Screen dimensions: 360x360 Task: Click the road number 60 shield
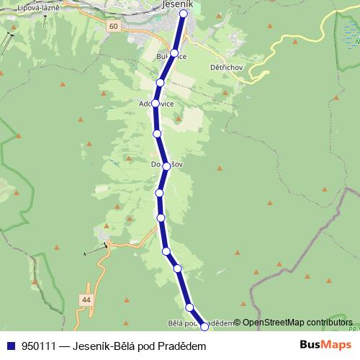pyautogui.click(x=113, y=26)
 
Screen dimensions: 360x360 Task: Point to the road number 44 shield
pyautogui.click(x=86, y=299)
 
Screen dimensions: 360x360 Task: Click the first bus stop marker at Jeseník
pyautogui.click(x=184, y=13)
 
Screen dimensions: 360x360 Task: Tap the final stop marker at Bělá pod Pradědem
pyautogui.click(x=204, y=326)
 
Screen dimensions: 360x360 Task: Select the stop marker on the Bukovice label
pyautogui.click(x=174, y=53)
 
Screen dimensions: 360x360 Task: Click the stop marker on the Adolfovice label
pyautogui.click(x=156, y=104)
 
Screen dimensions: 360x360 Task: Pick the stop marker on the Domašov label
pyautogui.click(x=166, y=166)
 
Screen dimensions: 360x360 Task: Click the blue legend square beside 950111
pyautogui.click(x=11, y=346)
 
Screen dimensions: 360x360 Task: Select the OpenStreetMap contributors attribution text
pyautogui.click(x=297, y=323)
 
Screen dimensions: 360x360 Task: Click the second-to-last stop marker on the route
pyautogui.click(x=189, y=307)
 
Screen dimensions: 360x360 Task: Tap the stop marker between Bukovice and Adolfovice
pyautogui.click(x=161, y=83)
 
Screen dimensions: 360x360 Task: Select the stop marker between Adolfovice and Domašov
pyautogui.click(x=157, y=133)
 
